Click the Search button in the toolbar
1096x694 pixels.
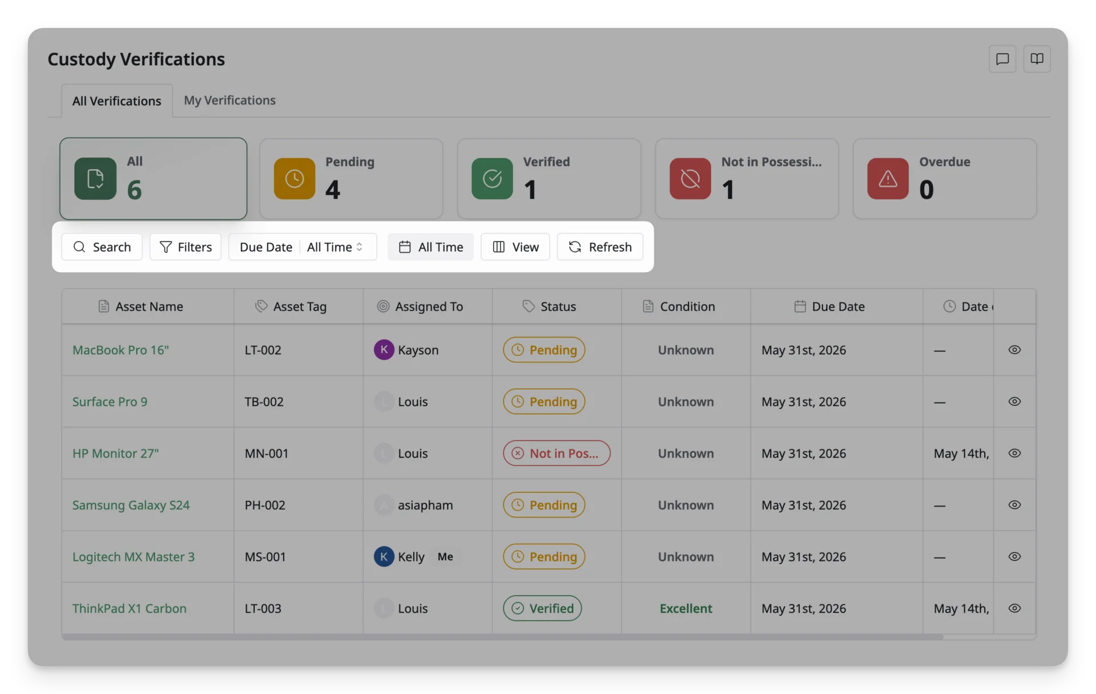[x=102, y=247]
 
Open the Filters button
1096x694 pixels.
[x=186, y=247]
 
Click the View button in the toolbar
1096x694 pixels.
[x=515, y=247]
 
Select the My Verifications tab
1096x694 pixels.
[x=229, y=100]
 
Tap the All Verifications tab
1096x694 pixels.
[x=116, y=101]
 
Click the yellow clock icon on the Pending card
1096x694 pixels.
[x=295, y=179]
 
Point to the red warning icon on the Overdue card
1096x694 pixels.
[x=888, y=179]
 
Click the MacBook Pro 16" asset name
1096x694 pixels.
[x=120, y=350]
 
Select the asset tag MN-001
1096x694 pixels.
[x=267, y=453]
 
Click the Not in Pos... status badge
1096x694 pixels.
[x=557, y=453]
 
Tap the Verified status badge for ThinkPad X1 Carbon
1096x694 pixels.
[x=542, y=608]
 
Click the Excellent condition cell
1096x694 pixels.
[x=686, y=608]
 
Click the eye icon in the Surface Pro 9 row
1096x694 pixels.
[x=1014, y=402]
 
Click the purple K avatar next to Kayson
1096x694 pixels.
[x=384, y=350]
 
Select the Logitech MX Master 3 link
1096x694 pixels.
[x=134, y=556]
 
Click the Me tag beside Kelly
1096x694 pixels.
[x=445, y=556]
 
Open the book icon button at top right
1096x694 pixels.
[x=1037, y=59]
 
